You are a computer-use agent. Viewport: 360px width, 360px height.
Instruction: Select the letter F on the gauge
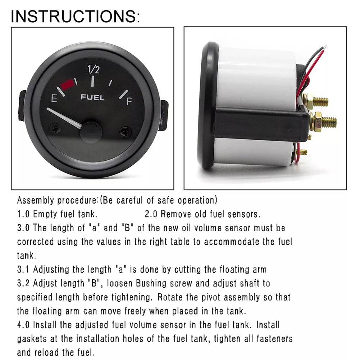129,101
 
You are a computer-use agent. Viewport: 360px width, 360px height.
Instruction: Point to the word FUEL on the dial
92,97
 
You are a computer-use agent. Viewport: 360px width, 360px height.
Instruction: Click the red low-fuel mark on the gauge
68,85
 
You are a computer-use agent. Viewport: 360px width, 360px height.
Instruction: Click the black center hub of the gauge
91,132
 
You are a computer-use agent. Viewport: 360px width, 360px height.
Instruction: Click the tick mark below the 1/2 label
92,82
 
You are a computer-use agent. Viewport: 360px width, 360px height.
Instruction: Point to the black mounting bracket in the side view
259,123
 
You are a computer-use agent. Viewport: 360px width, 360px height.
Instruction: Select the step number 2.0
151,214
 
